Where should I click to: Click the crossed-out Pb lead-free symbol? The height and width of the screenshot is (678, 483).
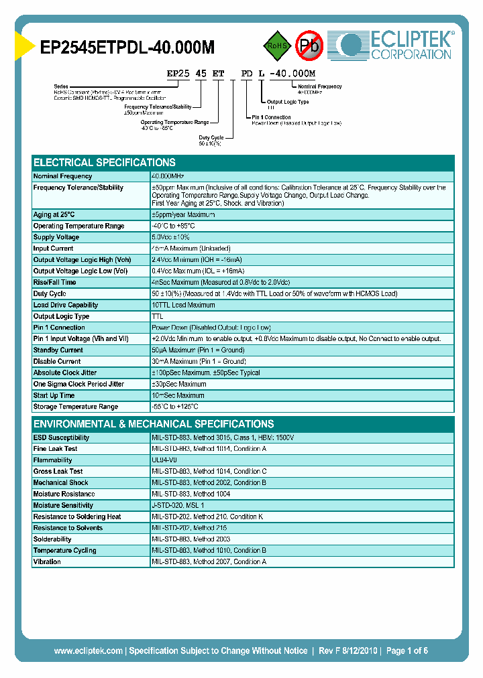pyautogui.click(x=310, y=45)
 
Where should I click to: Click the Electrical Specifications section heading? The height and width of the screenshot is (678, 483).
pyautogui.click(x=105, y=163)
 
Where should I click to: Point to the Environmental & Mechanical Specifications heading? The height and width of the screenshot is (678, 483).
pyautogui.click(x=154, y=424)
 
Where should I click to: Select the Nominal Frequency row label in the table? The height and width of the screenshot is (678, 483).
pyautogui.click(x=62, y=176)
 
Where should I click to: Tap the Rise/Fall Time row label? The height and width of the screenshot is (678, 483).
pyautogui.click(x=55, y=283)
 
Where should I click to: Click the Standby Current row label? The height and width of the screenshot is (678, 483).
pyautogui.click(x=58, y=350)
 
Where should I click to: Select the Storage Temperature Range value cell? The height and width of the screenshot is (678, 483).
pyautogui.click(x=175, y=407)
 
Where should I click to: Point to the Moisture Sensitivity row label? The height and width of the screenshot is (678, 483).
pyautogui.click(x=63, y=506)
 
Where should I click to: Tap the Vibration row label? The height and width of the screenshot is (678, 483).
pyautogui.click(x=47, y=562)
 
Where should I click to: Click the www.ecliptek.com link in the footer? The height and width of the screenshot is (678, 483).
pyautogui.click(x=88, y=651)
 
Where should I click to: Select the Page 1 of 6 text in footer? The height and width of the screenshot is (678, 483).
pyautogui.click(x=407, y=651)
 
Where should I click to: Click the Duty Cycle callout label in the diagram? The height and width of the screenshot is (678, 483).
pyautogui.click(x=211, y=137)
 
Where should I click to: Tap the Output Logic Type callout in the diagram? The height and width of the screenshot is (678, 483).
pyautogui.click(x=288, y=102)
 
